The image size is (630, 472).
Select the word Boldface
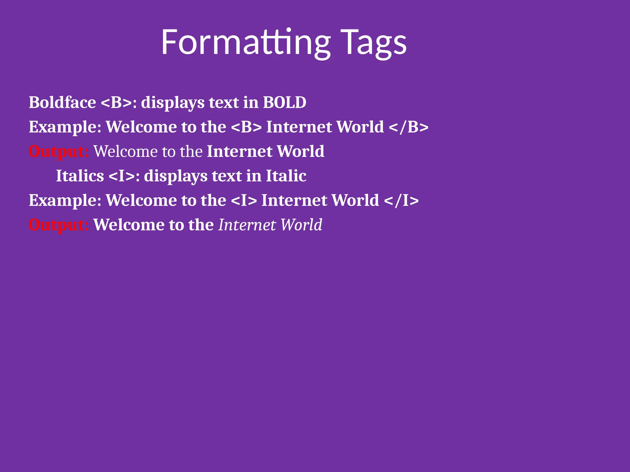point(62,102)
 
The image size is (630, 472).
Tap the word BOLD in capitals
point(285,102)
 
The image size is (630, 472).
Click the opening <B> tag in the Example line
point(246,127)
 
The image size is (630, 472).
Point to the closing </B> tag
point(409,127)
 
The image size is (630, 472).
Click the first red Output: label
point(58,151)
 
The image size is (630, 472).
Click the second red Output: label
point(58,225)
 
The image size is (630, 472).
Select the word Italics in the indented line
point(80,176)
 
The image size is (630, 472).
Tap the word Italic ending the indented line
point(286,176)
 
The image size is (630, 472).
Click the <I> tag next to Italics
point(122,176)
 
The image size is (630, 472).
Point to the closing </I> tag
point(401,200)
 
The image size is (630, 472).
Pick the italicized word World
point(301,225)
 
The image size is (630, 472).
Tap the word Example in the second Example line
point(65,200)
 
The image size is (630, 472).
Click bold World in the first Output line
point(300,151)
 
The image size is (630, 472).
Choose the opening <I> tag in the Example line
point(244,200)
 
